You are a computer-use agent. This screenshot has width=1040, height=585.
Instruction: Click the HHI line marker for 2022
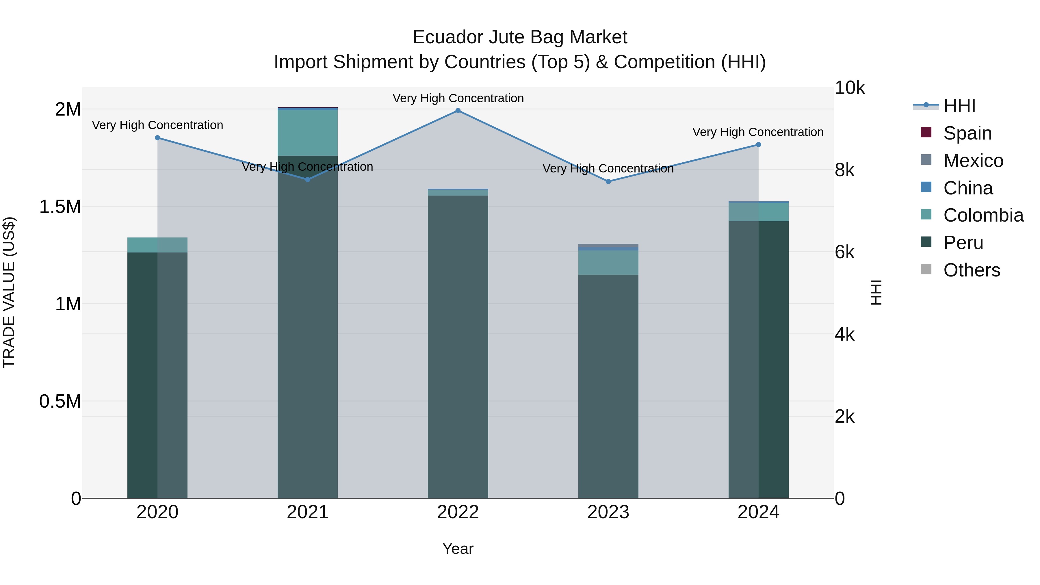(x=458, y=110)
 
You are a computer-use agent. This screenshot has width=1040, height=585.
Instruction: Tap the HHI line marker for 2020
(x=157, y=138)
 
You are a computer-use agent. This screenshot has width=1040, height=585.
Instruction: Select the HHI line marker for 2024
(x=758, y=144)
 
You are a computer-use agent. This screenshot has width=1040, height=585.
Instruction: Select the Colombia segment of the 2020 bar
(x=157, y=245)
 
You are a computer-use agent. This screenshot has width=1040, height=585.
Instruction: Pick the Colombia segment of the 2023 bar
(x=608, y=262)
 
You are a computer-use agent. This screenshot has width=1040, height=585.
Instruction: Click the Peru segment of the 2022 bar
(x=458, y=347)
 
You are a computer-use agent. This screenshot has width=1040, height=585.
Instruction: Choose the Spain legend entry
(x=967, y=133)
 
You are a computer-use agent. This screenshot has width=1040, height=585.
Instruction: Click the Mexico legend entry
(x=973, y=160)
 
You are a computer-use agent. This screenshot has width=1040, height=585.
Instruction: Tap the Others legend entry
(x=971, y=270)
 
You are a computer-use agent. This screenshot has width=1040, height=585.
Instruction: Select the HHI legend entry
(x=959, y=106)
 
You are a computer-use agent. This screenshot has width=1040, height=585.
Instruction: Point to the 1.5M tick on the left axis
(x=60, y=207)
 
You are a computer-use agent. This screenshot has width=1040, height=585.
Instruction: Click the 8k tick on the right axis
(x=845, y=170)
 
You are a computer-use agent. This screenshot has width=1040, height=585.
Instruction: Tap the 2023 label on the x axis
(x=608, y=512)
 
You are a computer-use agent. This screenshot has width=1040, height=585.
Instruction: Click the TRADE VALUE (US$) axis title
(x=9, y=292)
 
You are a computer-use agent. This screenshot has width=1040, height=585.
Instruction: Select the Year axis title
(x=458, y=549)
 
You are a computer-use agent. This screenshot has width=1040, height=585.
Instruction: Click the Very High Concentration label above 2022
(x=458, y=98)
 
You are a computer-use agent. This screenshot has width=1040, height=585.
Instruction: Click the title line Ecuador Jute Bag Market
(x=520, y=37)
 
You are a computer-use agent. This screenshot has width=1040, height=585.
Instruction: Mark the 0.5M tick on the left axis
(x=60, y=401)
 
